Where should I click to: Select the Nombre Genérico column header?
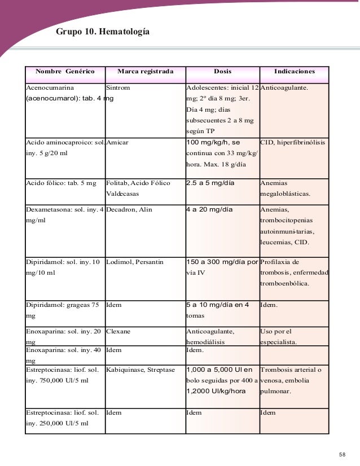65,72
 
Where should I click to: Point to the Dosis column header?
222,72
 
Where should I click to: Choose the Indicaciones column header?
293,72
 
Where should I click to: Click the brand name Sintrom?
118,89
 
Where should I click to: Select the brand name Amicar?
117,143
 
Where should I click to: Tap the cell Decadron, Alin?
129,209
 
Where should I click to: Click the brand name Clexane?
118,331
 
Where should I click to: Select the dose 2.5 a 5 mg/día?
210,183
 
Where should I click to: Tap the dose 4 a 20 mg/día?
209,209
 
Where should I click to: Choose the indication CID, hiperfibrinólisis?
293,143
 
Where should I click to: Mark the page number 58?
343,455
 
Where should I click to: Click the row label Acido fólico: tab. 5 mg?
61,183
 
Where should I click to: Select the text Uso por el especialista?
283,336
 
